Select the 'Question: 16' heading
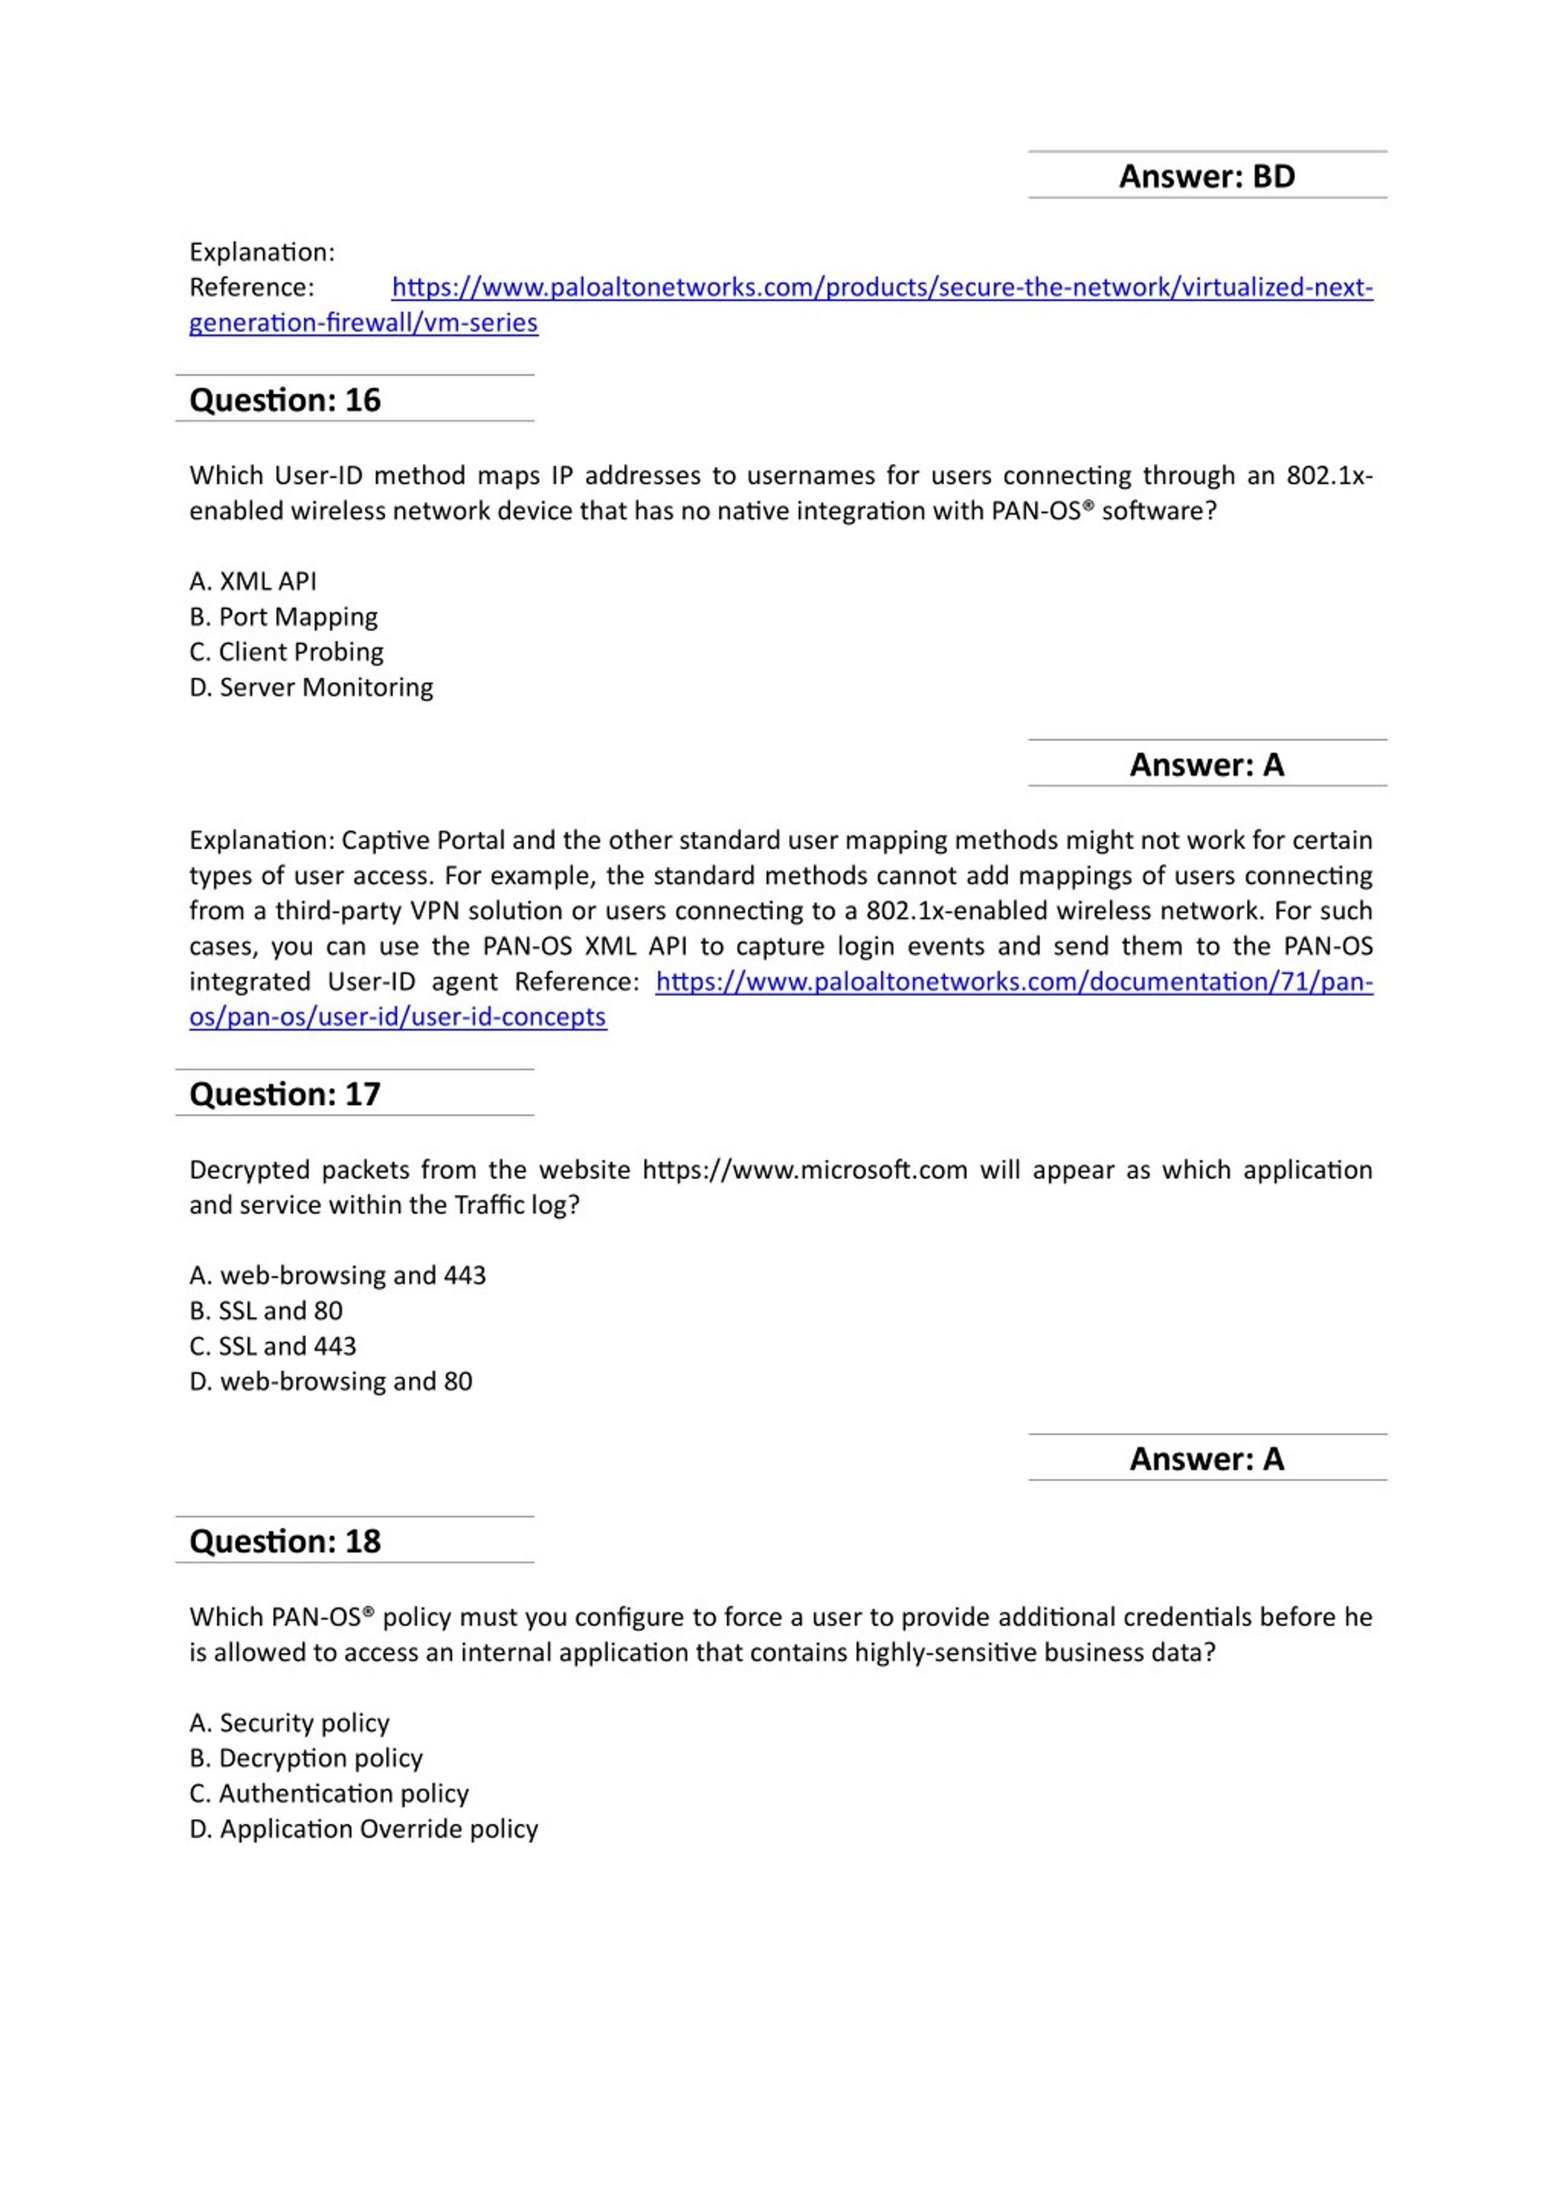click(x=285, y=399)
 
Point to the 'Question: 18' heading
click(x=285, y=1541)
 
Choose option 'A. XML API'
click(x=253, y=581)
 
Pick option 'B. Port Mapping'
click(x=284, y=617)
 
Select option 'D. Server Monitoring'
click(x=311, y=687)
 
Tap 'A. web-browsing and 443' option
click(x=338, y=1275)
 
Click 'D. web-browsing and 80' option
click(x=331, y=1381)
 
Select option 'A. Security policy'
click(x=289, y=1723)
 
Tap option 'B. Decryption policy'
click(x=306, y=1759)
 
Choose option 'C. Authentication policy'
click(x=329, y=1793)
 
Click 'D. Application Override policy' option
click(x=364, y=1829)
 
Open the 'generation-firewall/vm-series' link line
click(x=364, y=322)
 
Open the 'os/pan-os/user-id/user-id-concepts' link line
click(x=397, y=1018)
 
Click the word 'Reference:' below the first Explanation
click(x=252, y=287)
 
